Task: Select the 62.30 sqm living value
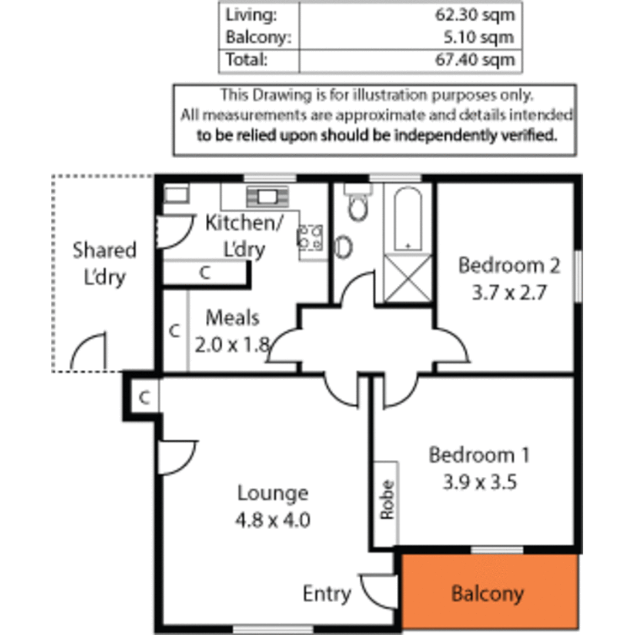pyautogui.click(x=475, y=15)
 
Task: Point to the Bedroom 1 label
pyautogui.click(x=479, y=455)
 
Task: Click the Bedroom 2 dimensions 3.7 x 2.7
pyautogui.click(x=509, y=292)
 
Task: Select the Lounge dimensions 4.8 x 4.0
pyautogui.click(x=273, y=520)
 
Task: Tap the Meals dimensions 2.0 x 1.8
pyautogui.click(x=232, y=345)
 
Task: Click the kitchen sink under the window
pyautogui.click(x=267, y=195)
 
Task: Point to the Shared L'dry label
pyautogui.click(x=104, y=263)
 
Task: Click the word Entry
pyautogui.click(x=326, y=594)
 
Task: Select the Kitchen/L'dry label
pyautogui.click(x=243, y=236)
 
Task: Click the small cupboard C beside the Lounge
pyautogui.click(x=143, y=398)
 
